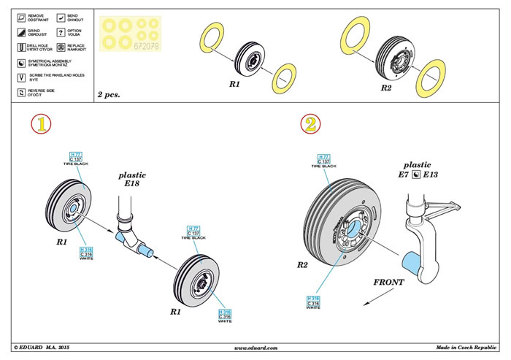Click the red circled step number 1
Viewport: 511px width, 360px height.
[43, 125]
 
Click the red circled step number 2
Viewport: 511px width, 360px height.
[310, 124]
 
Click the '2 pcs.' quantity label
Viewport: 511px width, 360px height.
[109, 95]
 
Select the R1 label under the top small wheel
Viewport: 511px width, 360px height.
[235, 85]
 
